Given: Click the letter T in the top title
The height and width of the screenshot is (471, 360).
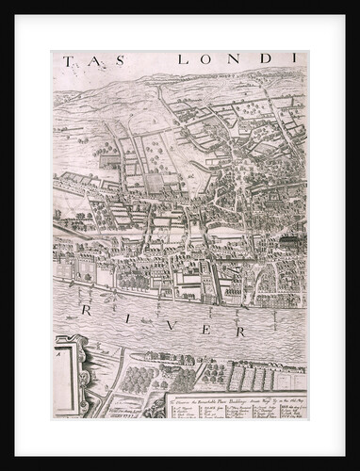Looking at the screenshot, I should [69, 61].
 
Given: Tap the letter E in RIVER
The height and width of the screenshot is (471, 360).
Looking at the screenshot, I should [198, 326].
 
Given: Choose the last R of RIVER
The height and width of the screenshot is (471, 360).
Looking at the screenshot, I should [239, 332].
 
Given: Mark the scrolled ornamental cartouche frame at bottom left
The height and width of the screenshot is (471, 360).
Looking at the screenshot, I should [79, 377].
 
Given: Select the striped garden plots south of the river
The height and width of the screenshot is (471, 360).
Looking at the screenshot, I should [250, 377].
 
